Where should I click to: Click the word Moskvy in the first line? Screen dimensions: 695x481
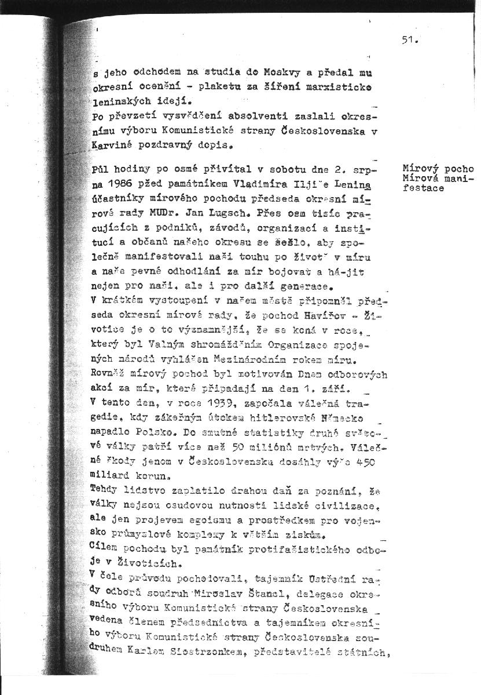(280, 74)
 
